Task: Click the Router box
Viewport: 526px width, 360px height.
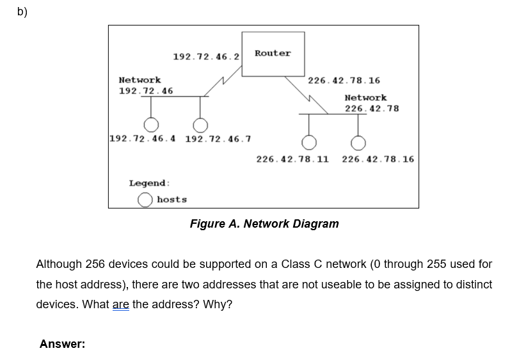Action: click(x=273, y=54)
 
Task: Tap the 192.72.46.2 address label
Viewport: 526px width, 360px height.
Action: click(x=206, y=57)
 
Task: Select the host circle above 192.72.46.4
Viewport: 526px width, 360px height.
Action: click(x=151, y=124)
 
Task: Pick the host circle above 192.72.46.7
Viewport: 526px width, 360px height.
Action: click(x=201, y=124)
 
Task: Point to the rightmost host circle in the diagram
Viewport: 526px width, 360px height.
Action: click(x=358, y=141)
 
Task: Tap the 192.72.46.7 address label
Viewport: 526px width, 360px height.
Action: click(x=218, y=139)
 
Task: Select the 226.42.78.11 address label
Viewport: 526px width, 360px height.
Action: click(x=292, y=159)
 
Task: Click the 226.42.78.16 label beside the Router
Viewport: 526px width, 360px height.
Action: click(x=344, y=81)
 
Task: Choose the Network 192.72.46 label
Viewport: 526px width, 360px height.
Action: click(x=146, y=86)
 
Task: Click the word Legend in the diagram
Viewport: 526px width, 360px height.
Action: click(x=149, y=184)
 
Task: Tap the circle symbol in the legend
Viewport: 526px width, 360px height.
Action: click(x=146, y=200)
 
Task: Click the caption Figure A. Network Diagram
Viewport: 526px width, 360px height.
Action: click(x=264, y=224)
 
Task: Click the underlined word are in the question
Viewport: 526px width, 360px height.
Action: click(x=121, y=304)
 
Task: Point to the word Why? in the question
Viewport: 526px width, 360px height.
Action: click(x=218, y=304)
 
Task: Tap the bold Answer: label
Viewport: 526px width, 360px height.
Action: click(x=62, y=344)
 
